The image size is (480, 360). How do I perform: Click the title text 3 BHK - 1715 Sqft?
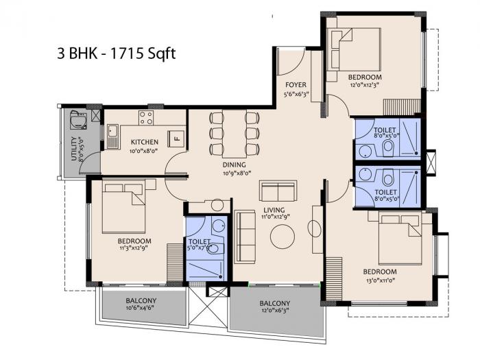pyautogui.click(x=117, y=53)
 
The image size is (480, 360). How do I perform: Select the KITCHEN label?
pyautogui.click(x=145, y=143)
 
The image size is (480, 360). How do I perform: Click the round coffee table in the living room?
pyautogui.click(x=283, y=237)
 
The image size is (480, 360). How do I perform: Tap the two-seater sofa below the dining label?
pyautogui.click(x=278, y=190)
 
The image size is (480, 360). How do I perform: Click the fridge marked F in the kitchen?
pyautogui.click(x=176, y=136)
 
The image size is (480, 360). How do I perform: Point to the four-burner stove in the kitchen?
pyautogui.click(x=146, y=117)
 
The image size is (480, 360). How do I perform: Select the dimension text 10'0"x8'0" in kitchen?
pyautogui.click(x=145, y=152)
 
